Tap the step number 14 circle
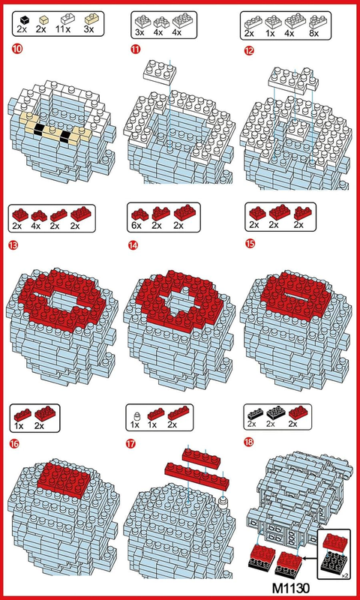tap(133, 245)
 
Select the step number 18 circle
tap(249, 442)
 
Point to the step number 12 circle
tap(250, 50)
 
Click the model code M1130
tap(290, 587)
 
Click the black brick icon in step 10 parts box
tap(25, 19)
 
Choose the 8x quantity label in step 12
tap(313, 33)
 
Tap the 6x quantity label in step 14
tap(136, 226)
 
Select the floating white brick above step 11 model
tap(160, 72)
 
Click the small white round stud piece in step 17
tap(223, 501)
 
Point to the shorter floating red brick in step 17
tap(201, 457)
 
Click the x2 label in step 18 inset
tap(344, 575)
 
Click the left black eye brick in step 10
tap(38, 129)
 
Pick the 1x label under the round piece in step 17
tap(135, 425)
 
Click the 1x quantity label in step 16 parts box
tap(19, 425)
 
